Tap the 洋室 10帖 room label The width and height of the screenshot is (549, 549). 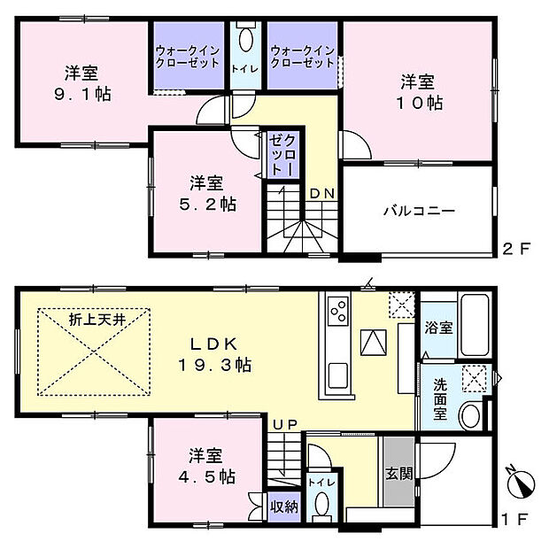tap(418, 91)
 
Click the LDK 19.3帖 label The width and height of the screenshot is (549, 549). tap(215, 352)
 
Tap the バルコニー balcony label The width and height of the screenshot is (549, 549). tap(419, 212)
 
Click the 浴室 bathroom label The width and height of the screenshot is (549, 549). tap(439, 328)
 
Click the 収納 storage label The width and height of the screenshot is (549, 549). tap(283, 507)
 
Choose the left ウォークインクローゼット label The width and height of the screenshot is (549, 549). tap(187, 58)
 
